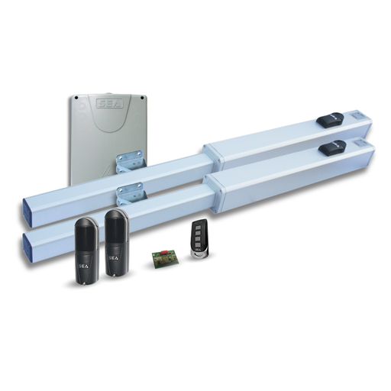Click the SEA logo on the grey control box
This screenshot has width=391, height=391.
[x=108, y=102]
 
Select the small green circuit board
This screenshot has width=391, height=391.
[x=163, y=257]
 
